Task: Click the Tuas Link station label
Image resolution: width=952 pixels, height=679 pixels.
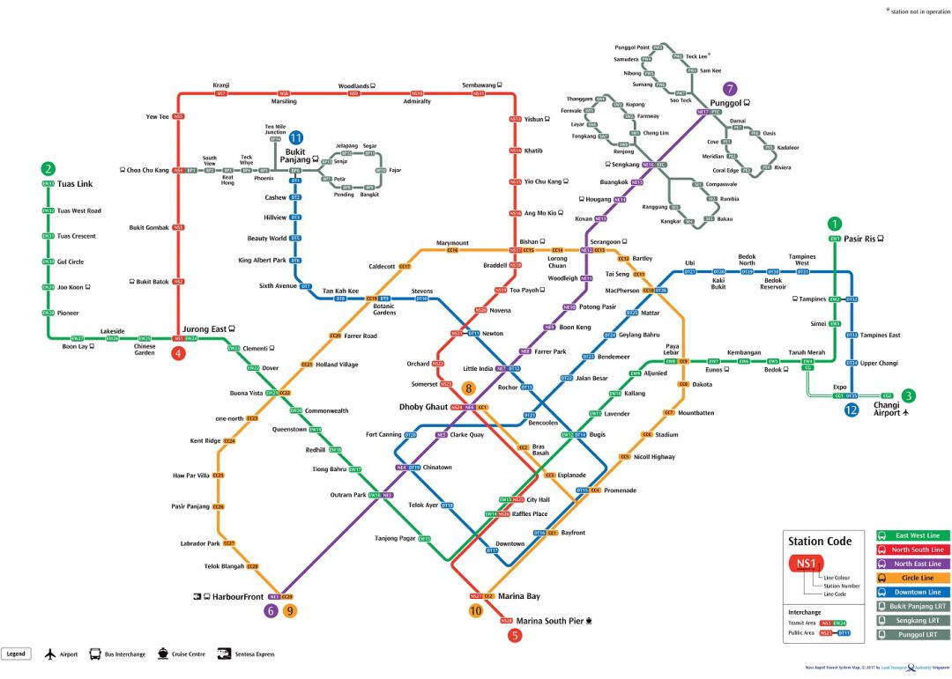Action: click(x=75, y=184)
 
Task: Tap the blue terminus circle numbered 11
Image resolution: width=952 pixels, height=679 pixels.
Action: click(x=296, y=137)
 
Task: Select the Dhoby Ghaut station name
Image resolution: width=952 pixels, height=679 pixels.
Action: click(x=424, y=407)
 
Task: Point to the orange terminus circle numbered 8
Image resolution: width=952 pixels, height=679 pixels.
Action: click(x=469, y=387)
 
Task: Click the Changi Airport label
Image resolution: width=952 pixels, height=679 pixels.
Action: click(x=887, y=409)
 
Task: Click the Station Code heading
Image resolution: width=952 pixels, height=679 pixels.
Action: click(x=820, y=541)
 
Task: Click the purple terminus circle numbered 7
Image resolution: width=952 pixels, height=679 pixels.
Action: click(x=729, y=88)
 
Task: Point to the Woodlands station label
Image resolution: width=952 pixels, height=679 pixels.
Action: click(x=353, y=86)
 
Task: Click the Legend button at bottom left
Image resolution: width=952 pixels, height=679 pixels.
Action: click(x=17, y=653)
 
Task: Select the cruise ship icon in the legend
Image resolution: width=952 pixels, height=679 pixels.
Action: click(x=163, y=653)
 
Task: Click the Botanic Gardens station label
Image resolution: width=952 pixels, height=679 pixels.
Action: click(x=384, y=309)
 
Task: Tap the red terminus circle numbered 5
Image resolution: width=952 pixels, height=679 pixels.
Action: click(x=516, y=635)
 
